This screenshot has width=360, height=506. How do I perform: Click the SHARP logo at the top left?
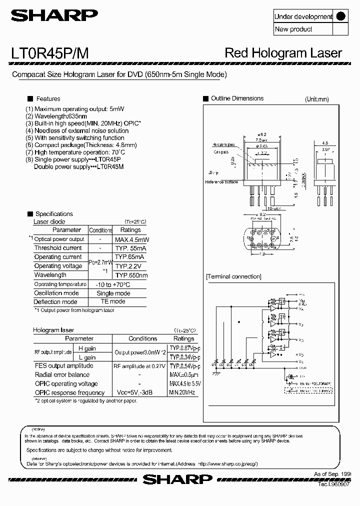pos(55,16)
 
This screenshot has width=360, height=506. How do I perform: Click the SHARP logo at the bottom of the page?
pos(177,479)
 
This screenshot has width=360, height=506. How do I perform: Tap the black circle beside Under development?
pos(340,16)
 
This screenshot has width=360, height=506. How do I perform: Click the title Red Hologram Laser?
pos(283,53)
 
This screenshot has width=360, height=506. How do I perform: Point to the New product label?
pos(293,29)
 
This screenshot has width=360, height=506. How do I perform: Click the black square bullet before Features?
pos(30,98)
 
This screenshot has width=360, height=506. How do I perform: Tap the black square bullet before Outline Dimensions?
pos(205,98)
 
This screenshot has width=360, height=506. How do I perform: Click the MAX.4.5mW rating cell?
pos(131,239)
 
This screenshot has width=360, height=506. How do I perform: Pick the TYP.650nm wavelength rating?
pos(131,275)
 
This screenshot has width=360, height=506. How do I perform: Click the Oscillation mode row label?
pos(56,293)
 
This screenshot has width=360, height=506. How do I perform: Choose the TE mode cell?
pos(113,301)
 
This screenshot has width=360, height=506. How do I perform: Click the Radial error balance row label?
pos(62,374)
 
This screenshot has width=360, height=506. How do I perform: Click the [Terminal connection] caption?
pos(233,276)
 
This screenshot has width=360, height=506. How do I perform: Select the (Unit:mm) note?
pos(317,99)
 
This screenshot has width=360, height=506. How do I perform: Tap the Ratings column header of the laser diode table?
pos(130,230)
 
